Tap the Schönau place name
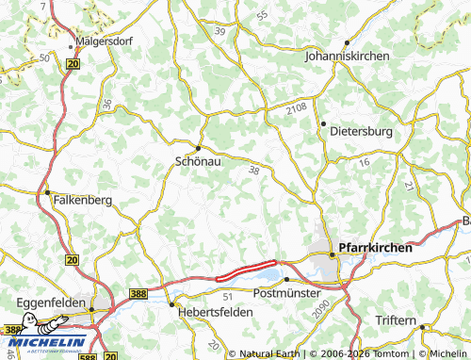click(198, 161)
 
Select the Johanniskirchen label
click(347, 57)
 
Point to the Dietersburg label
click(362, 132)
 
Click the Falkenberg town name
click(84, 201)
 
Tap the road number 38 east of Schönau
click(253, 171)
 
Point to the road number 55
click(261, 15)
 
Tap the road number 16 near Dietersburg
click(364, 163)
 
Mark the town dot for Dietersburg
click(323, 123)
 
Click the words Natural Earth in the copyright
click(268, 354)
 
